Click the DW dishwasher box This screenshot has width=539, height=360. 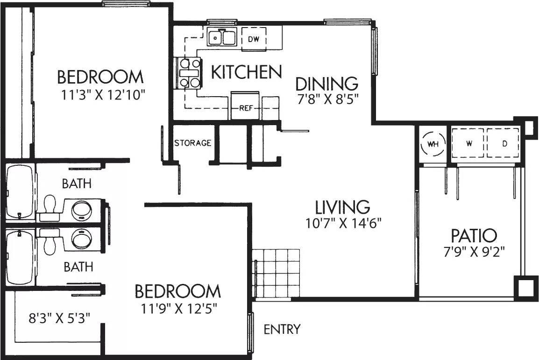coord(254,38)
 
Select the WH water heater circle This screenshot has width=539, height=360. coord(433,144)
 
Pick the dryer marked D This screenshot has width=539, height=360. coord(504,143)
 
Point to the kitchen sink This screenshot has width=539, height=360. coord(222,36)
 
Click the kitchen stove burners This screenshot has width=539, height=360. coord(189,73)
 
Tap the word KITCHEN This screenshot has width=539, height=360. coord(246,72)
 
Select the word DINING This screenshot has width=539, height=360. coord(327,84)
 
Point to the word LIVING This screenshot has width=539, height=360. coord(342,206)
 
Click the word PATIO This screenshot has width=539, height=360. coord(474,235)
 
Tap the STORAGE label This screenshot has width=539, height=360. coord(192,143)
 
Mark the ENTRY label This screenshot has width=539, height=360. coord(282,329)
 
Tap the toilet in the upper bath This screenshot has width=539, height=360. coord(48,206)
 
